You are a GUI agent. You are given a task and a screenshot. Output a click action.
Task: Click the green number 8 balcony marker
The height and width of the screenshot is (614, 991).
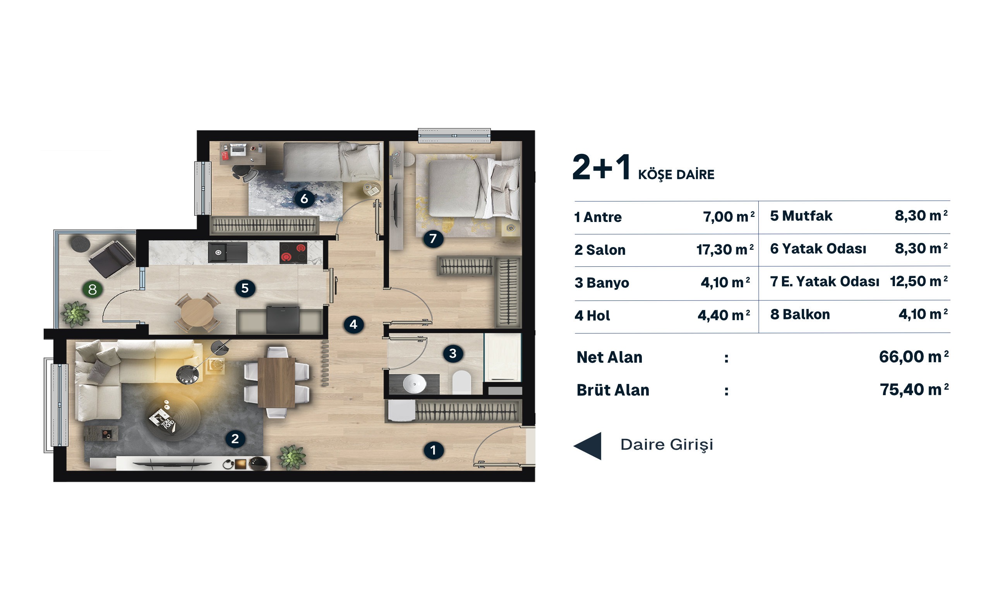[x=92, y=289]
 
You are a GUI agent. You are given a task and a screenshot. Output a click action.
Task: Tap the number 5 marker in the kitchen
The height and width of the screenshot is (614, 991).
[x=245, y=288]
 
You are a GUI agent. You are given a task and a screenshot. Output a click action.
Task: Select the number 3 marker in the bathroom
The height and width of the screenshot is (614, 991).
[x=453, y=353]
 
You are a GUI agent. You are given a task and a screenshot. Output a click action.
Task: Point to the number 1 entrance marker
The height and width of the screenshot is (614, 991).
[x=433, y=450]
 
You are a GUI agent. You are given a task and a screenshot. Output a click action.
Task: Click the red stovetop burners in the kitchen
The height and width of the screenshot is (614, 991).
[x=293, y=252]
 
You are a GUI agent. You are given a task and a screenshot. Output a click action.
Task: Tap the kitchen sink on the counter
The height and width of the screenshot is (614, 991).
[x=227, y=252]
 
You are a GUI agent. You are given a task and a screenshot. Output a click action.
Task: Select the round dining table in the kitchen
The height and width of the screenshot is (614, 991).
[x=197, y=312]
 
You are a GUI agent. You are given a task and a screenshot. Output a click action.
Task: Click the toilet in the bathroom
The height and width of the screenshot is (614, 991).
[x=461, y=382]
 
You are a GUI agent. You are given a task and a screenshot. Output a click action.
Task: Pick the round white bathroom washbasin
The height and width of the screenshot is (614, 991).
[x=414, y=383]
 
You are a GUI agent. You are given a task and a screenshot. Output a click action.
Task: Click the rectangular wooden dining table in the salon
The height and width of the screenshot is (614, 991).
[x=276, y=382]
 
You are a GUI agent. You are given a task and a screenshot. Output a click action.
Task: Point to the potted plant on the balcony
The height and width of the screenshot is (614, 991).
[x=75, y=314]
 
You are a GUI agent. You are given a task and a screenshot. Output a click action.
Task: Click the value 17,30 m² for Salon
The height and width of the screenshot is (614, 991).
[x=725, y=249]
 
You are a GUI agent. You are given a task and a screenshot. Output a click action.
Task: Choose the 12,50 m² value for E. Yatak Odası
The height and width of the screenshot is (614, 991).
[x=919, y=281]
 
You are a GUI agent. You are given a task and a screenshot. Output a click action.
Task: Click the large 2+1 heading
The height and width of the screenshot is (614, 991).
[x=601, y=167]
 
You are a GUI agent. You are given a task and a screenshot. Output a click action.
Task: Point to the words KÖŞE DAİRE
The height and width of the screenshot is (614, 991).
[x=676, y=174]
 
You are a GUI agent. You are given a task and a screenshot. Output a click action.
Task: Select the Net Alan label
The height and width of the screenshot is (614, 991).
[x=609, y=357]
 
